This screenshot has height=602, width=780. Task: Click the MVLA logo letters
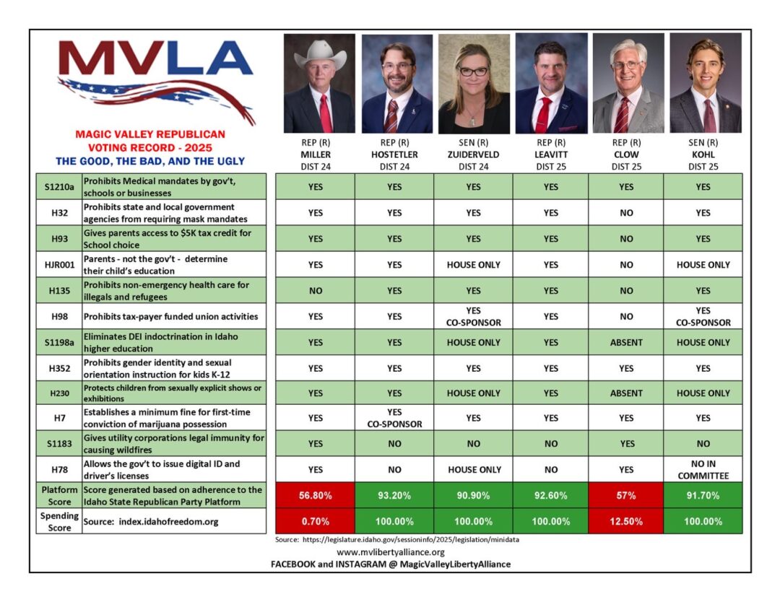point(155,59)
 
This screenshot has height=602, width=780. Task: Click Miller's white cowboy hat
point(319,55)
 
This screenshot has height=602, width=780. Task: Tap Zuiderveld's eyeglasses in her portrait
point(473,71)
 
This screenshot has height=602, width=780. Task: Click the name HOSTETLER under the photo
point(395,154)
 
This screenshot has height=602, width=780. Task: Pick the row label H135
point(58,291)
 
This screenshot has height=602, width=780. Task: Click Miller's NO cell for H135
point(315,291)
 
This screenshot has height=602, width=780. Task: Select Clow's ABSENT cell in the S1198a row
point(626,343)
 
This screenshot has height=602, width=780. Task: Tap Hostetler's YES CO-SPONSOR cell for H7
point(395,419)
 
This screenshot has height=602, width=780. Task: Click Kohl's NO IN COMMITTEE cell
point(703,469)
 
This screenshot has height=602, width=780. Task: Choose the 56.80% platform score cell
point(315,496)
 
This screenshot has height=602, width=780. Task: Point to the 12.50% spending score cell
point(626,521)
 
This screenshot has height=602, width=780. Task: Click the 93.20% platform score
point(395,496)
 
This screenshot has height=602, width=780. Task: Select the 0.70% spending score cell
point(315,521)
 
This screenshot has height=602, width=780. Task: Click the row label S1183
point(58,443)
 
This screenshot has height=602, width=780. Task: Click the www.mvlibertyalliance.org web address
point(391,552)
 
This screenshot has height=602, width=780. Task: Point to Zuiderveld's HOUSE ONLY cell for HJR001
point(474,265)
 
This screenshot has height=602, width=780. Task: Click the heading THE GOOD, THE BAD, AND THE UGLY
point(150,161)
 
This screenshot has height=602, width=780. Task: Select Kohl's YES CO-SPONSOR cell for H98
point(703,317)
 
